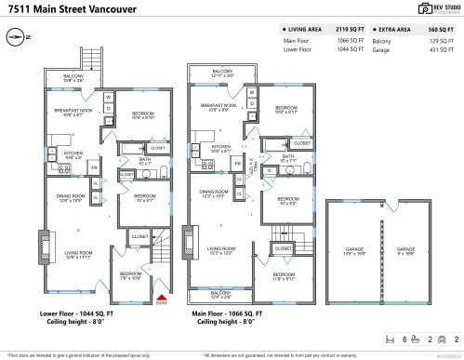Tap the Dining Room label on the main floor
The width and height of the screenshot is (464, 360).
(x=214, y=193)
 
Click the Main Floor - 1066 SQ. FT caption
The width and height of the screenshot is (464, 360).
(x=228, y=314)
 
